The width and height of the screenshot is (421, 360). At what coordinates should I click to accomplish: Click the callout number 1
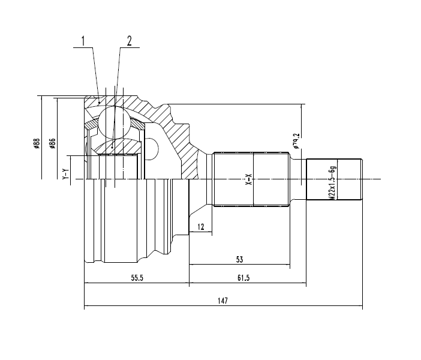83,41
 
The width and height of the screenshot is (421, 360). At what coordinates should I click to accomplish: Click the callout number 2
130,41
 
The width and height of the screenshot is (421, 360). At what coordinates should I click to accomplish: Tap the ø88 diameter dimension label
37,143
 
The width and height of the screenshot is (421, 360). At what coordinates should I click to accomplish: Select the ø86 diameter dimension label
52,143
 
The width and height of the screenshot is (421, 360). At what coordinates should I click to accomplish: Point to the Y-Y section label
65,174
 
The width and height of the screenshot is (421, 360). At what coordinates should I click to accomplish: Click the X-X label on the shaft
249,179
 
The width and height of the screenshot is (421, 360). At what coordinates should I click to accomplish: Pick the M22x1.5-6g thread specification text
332,182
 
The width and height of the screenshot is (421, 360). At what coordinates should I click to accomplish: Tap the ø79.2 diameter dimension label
296,141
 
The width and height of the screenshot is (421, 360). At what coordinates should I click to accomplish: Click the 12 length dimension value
201,227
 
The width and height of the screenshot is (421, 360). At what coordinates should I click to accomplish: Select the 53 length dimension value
239,260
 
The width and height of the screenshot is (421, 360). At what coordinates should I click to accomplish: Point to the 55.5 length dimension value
137,278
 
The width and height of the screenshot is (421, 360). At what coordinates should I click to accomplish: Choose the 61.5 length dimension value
243,278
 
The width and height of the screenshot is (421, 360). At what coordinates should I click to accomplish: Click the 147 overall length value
223,301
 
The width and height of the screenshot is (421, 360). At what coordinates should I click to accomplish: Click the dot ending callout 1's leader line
100,103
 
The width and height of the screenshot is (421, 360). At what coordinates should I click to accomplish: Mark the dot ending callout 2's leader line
112,147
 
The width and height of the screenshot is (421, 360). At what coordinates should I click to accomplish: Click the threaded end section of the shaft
334,179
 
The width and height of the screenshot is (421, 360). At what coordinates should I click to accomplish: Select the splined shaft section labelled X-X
251,179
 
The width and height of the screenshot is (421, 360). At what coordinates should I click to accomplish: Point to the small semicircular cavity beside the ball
152,149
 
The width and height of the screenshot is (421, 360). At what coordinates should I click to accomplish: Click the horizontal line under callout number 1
83,48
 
